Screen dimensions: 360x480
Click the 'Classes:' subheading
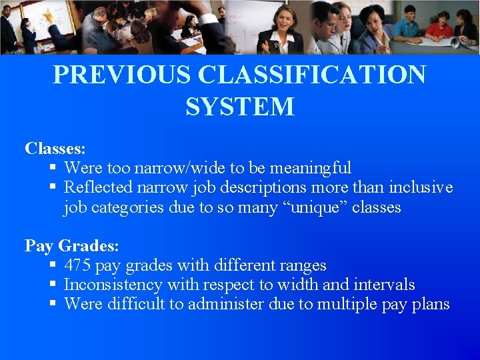coord(55,148)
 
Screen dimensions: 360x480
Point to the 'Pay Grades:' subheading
coord(72,246)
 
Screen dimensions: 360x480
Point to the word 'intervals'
coord(387,285)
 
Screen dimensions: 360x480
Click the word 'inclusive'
coord(420,187)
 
